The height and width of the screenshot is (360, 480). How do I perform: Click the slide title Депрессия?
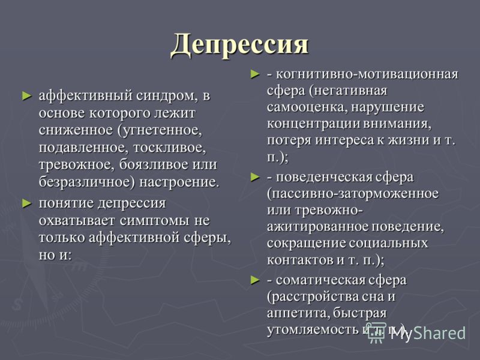pyautogui.click(x=239, y=46)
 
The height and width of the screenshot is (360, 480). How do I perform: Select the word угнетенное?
pyautogui.click(x=160, y=130)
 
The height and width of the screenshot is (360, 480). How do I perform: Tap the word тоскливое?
pyautogui.click(x=170, y=148)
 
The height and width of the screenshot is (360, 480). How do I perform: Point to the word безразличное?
pyautogui.click(x=86, y=182)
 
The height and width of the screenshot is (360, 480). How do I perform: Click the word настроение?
pyautogui.click(x=179, y=182)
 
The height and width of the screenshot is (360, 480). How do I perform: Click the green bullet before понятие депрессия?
pyautogui.click(x=27, y=203)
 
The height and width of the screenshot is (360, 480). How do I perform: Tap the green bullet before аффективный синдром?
pyautogui.click(x=27, y=96)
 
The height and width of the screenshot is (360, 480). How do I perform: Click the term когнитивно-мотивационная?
pyautogui.click(x=367, y=74)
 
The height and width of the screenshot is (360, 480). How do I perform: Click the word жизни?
pyautogui.click(x=409, y=140)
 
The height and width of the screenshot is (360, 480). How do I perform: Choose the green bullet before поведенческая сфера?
pyautogui.click(x=255, y=177)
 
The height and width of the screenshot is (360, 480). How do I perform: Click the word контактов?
pyautogui.click(x=300, y=260)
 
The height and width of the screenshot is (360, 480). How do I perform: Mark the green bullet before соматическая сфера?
pyautogui.click(x=255, y=280)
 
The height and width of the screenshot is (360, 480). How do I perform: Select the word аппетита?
pyautogui.click(x=298, y=313)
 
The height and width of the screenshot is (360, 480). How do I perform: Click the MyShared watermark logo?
pyautogui.click(x=417, y=333)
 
